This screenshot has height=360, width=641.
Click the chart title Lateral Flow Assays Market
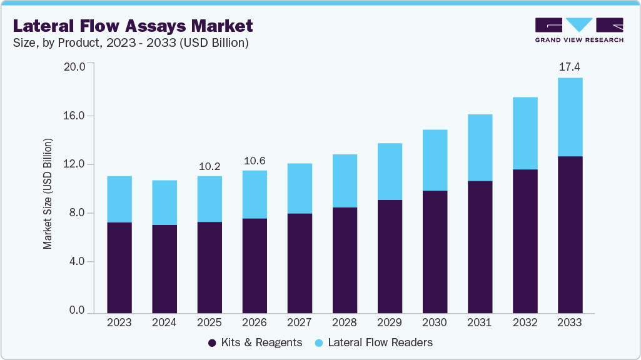click(x=133, y=26)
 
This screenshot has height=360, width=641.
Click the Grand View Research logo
click(x=578, y=30)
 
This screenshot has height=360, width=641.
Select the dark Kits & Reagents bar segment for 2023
click(x=119, y=267)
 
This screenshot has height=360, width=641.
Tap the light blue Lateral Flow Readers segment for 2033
click(x=570, y=117)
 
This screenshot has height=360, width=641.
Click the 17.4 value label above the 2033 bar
click(x=570, y=67)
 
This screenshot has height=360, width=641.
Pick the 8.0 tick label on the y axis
click(x=77, y=213)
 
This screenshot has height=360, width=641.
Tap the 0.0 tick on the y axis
click(x=77, y=310)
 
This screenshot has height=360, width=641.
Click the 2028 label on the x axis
click(x=345, y=322)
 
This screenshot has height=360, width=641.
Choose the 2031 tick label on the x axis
click(x=480, y=322)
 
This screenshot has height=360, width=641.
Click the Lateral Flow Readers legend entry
click(x=373, y=342)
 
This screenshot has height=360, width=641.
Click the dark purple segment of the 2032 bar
click(x=525, y=241)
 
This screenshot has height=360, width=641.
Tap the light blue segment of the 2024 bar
click(x=164, y=202)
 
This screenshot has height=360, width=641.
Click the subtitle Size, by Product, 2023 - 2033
click(x=131, y=43)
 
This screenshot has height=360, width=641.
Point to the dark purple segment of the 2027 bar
click(x=300, y=262)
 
